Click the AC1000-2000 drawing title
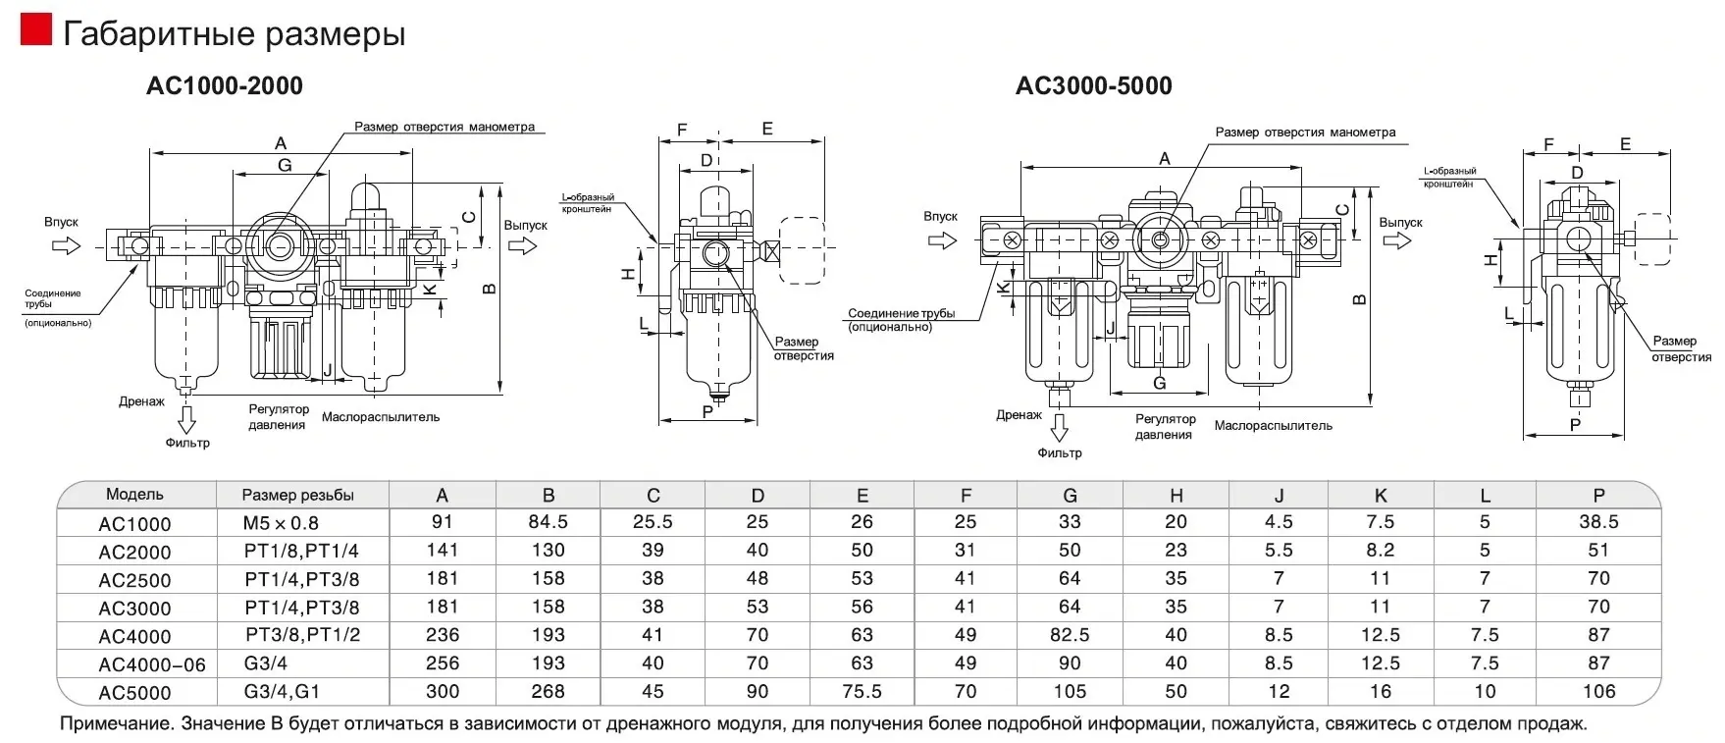coord(225,86)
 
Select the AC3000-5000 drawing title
coord(1093,86)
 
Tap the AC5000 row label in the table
coord(134,692)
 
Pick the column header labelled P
coord(1598,496)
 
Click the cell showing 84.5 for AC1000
coord(548,522)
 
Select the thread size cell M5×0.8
coord(282,523)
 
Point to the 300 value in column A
coord(443,691)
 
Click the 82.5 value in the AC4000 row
coord(1070,635)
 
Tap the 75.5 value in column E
coord(862,691)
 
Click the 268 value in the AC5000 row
coord(548,691)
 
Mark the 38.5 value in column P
coord(1598,522)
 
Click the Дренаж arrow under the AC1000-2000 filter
coord(186,419)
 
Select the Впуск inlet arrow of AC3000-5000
coord(942,239)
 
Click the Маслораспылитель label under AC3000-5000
coord(1273,426)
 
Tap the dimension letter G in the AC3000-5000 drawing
coord(1159,383)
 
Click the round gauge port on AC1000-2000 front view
coord(280,241)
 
